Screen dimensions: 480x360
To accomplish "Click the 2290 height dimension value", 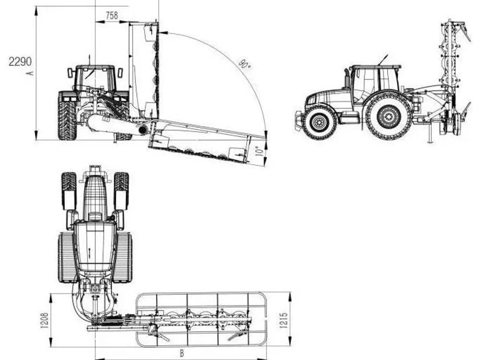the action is (20, 61).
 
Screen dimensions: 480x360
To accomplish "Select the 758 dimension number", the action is (112, 16).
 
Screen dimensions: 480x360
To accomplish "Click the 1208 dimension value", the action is (44, 321).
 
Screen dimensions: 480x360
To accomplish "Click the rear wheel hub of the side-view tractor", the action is (388, 116).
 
